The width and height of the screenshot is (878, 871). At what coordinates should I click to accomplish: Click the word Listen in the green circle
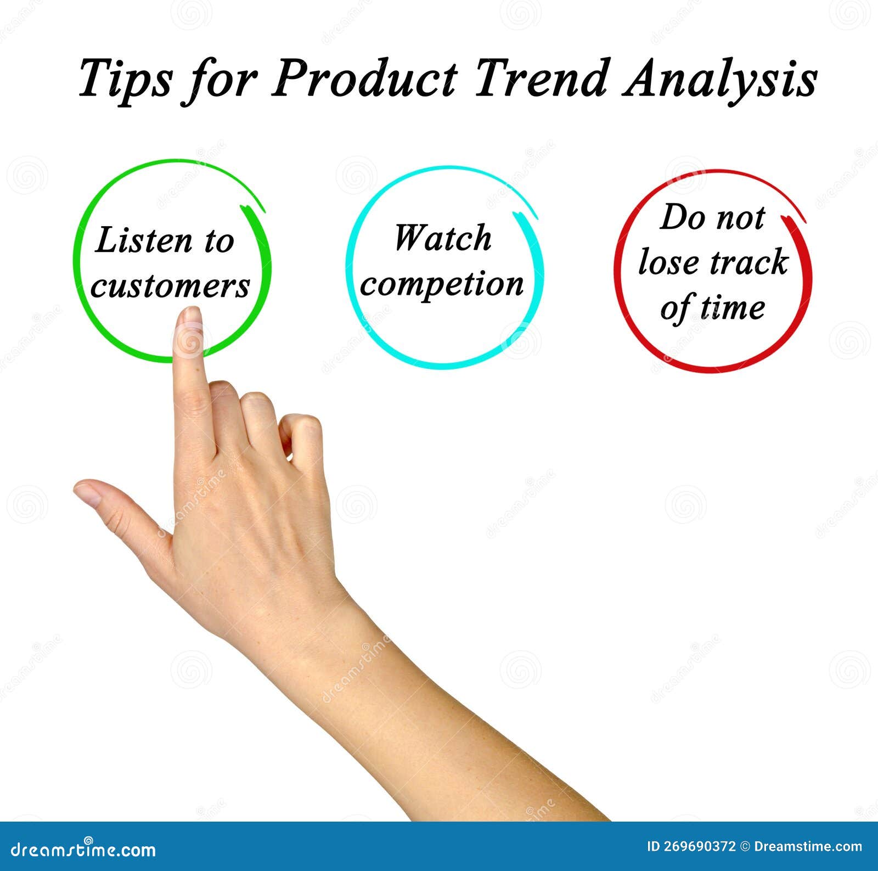143,241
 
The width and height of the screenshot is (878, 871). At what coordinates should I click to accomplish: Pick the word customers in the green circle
170,286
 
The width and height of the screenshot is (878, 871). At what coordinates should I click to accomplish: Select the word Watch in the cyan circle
442,238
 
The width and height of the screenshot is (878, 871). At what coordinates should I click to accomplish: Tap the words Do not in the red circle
712,217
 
